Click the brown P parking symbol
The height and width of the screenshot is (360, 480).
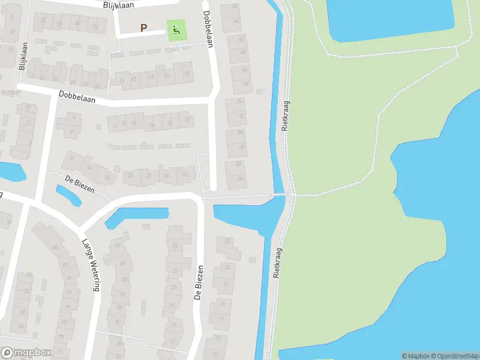pos(143,28)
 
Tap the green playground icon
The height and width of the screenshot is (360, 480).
pos(175,31)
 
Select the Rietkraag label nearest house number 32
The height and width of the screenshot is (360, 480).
pos(286,115)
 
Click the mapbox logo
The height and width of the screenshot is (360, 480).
pos(27,352)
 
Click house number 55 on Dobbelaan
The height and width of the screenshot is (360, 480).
pos(187,74)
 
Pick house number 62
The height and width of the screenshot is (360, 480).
pos(117,245)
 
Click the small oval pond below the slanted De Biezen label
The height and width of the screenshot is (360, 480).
pos(68,195)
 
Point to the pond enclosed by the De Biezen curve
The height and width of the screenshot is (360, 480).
pos(137,217)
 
